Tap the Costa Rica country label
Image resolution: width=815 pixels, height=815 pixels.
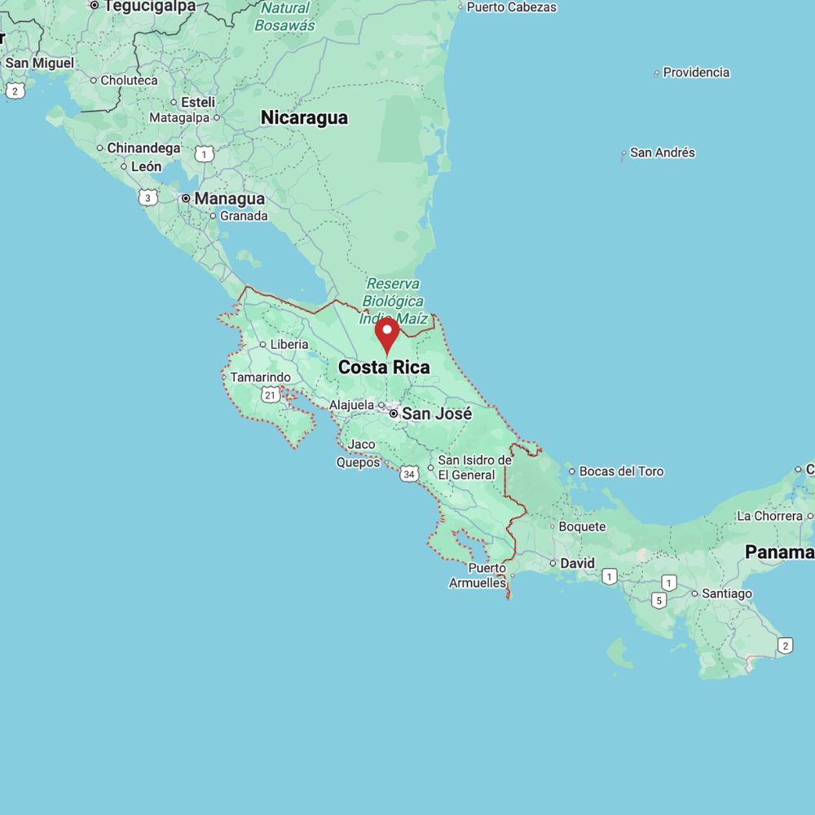384,368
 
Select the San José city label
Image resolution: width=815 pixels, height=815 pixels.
437,414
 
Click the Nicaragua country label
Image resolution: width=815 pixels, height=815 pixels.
304,117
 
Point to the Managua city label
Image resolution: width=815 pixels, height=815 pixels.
229,199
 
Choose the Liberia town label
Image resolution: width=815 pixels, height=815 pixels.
289,345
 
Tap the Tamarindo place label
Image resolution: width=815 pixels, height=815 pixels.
260,377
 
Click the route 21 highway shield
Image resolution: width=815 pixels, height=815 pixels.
271,395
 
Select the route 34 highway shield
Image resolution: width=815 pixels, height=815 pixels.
409,474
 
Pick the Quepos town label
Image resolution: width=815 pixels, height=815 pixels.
358,462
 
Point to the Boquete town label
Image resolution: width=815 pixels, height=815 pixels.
582,526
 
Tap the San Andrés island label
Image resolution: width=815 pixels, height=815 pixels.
663,152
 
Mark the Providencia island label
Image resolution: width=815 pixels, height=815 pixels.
696,73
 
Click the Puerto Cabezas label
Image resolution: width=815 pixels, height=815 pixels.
511,7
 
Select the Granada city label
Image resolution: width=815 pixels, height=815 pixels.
244,216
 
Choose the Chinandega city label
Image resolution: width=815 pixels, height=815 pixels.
143,148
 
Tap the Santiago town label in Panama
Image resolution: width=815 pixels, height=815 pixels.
727,593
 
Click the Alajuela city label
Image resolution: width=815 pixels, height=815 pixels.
351,405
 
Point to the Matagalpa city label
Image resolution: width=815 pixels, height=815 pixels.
179,117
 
